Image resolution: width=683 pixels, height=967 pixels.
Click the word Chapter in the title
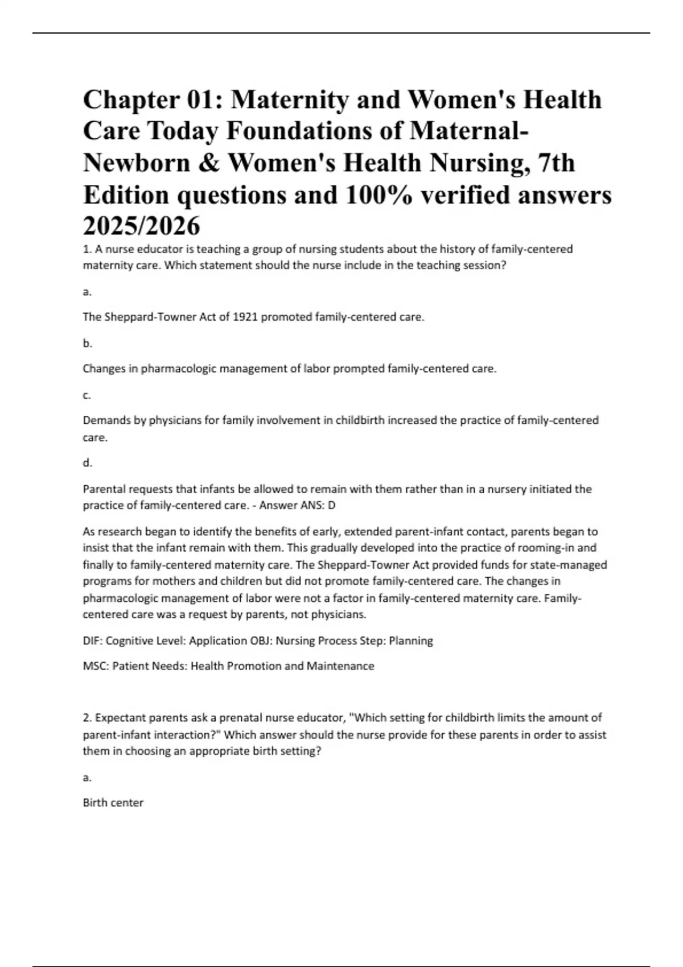[130, 100]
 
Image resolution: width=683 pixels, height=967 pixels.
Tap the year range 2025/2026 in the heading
[142, 226]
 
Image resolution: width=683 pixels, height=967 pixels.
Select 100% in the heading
[370, 195]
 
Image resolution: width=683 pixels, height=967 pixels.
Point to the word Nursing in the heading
[478, 164]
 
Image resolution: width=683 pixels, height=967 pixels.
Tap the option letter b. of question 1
[87, 343]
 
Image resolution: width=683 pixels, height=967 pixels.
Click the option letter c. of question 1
[87, 395]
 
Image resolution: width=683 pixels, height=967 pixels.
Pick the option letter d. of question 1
[87, 463]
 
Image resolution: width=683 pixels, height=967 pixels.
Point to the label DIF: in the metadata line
[93, 641]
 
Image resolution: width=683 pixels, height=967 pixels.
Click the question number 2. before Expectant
[88, 718]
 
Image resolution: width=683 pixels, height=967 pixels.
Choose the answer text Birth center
[113, 803]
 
